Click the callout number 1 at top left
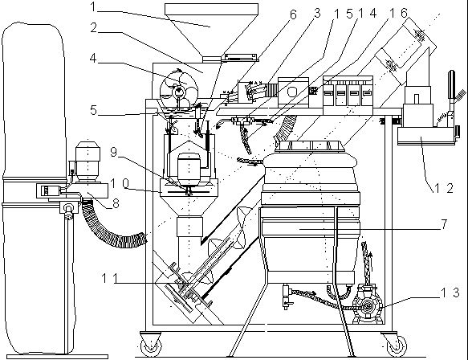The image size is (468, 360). [x=93, y=7]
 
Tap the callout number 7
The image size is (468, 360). [x=444, y=224]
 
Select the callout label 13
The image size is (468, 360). [x=450, y=292]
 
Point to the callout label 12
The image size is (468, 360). [x=444, y=188]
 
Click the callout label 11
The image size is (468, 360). [x=108, y=279]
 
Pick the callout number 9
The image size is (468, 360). [x=114, y=152]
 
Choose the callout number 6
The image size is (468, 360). [x=293, y=14]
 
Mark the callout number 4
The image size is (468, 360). [x=93, y=59]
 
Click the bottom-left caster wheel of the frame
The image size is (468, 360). [x=151, y=344]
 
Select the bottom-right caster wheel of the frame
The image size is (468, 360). [x=395, y=344]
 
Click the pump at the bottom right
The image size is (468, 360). [x=368, y=305]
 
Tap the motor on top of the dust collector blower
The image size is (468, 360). [x=87, y=161]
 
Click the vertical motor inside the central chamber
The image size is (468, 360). [x=189, y=170]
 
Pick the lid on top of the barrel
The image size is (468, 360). [x=311, y=146]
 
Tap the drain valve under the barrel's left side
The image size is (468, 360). [x=287, y=297]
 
